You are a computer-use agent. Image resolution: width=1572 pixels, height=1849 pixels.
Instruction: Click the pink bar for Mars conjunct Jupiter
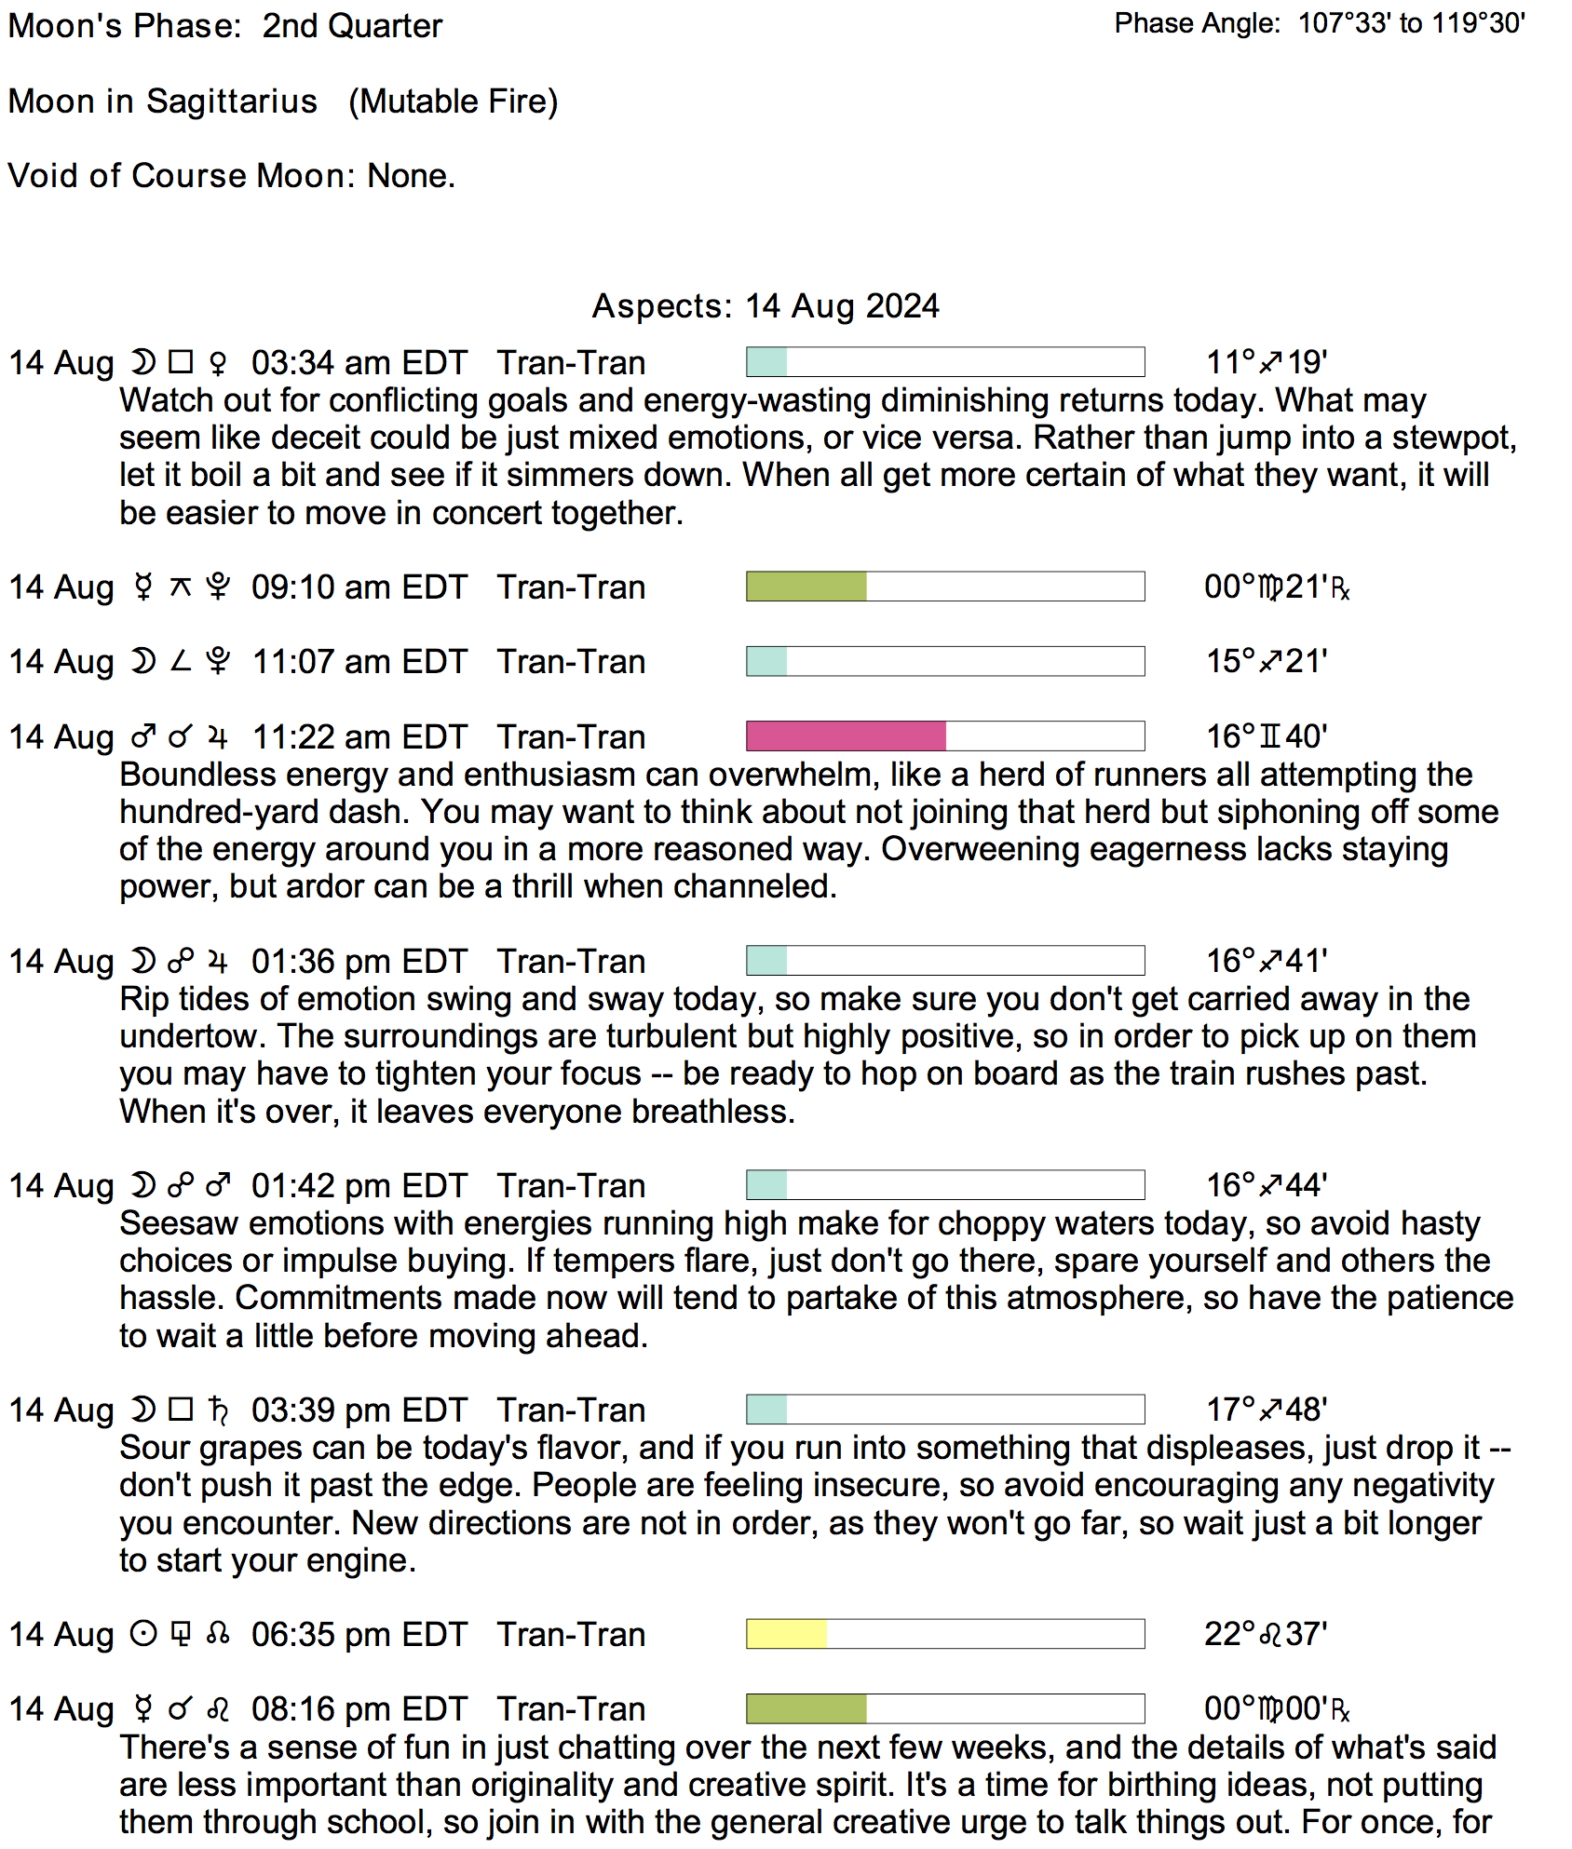(846, 736)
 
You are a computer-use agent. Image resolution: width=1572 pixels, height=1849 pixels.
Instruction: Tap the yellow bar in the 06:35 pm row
(786, 1633)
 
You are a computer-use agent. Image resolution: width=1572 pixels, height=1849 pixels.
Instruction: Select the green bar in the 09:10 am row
(806, 587)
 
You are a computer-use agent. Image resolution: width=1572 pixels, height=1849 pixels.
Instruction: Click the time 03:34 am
(314, 362)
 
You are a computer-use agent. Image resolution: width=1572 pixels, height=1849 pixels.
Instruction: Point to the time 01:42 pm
(313, 1185)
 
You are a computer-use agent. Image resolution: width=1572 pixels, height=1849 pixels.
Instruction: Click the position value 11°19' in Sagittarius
(1266, 362)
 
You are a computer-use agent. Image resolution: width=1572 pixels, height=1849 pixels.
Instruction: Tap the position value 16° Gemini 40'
(1266, 736)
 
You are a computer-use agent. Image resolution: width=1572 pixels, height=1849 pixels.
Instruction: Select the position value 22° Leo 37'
(1265, 1634)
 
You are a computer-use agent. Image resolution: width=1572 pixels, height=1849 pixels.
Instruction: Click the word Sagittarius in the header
(232, 101)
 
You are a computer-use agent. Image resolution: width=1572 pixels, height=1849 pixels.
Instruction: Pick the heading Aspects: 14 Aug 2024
(766, 306)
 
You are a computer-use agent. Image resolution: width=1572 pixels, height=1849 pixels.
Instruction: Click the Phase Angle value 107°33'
(1344, 23)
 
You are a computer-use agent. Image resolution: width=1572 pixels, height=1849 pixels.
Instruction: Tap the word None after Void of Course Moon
(411, 176)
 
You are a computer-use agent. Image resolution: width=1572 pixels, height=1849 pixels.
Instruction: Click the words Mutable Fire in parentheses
(454, 101)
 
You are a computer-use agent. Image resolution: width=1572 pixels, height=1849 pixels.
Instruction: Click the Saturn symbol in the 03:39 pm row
(219, 1410)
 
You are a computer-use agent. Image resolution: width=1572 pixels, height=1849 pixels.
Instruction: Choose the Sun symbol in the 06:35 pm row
(142, 1634)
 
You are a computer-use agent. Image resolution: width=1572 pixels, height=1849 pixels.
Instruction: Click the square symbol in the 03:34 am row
(181, 361)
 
